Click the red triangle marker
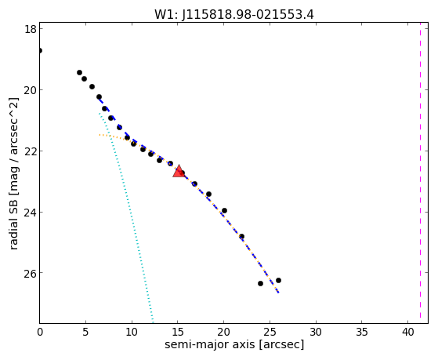(x=179, y=171)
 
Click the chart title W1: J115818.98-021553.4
(x=234, y=15)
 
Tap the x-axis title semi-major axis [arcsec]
(x=234, y=344)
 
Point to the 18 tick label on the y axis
(x=31, y=29)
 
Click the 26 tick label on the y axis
(x=31, y=273)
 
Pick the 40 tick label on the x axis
(x=407, y=333)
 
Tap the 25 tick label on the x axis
(x=270, y=333)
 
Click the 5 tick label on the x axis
(x=85, y=333)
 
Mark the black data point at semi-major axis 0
(x=40, y=51)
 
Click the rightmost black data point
(x=278, y=280)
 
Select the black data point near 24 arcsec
(x=260, y=283)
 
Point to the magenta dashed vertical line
(x=420, y=173)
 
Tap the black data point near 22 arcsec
(x=241, y=236)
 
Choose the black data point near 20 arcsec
(x=224, y=210)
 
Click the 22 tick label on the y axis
(x=31, y=151)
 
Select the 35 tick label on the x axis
(x=361, y=333)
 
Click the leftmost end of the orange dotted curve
(x=100, y=135)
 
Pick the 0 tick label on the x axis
(x=40, y=333)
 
